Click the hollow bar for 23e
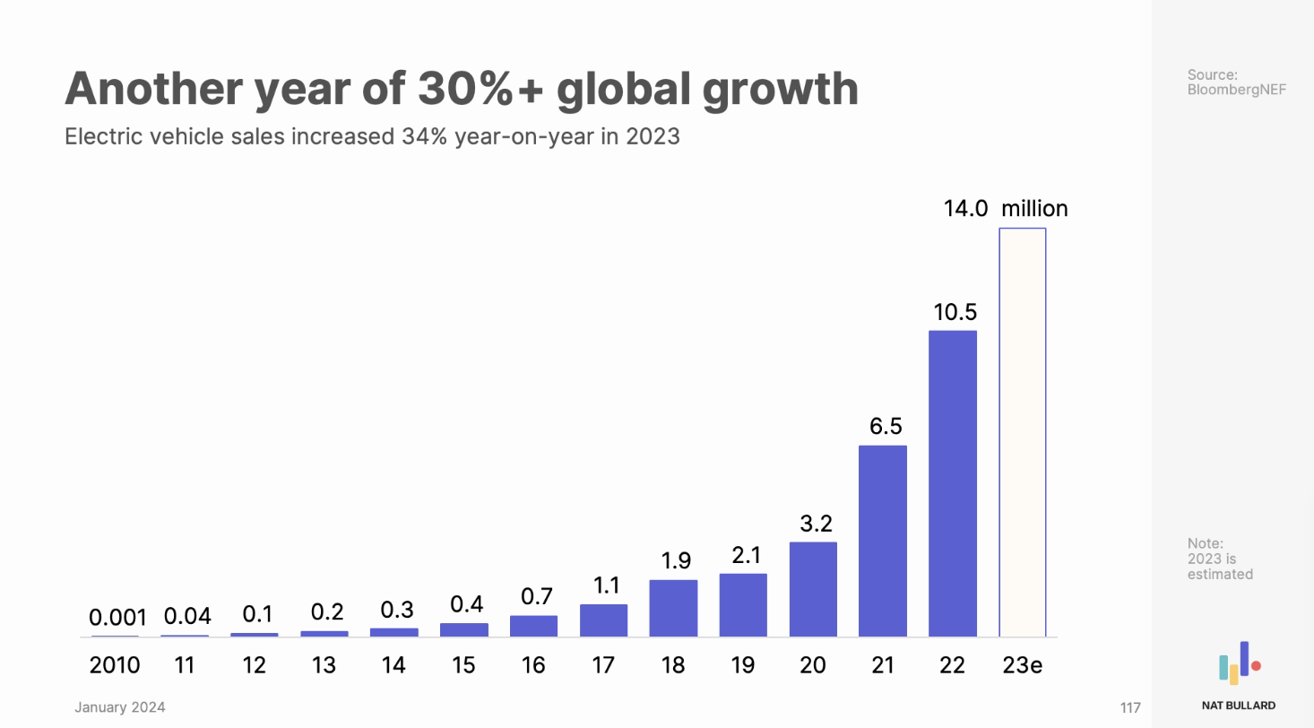[x=1023, y=432]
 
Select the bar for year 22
[x=953, y=484]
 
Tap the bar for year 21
[x=883, y=542]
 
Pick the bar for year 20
[x=813, y=589]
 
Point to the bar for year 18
[x=673, y=608]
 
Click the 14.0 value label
[x=965, y=209]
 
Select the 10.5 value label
[x=953, y=312]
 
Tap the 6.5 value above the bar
[x=885, y=427]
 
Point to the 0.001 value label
[x=117, y=618]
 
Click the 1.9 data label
[x=675, y=561]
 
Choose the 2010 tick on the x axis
[x=115, y=665]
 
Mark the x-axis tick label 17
[x=604, y=665]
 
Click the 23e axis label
[x=1023, y=665]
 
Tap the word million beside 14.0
[x=1034, y=209]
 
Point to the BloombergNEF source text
[x=1237, y=90]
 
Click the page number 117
[x=1130, y=708]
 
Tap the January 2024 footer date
[x=120, y=708]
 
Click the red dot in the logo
[x=1257, y=666]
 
